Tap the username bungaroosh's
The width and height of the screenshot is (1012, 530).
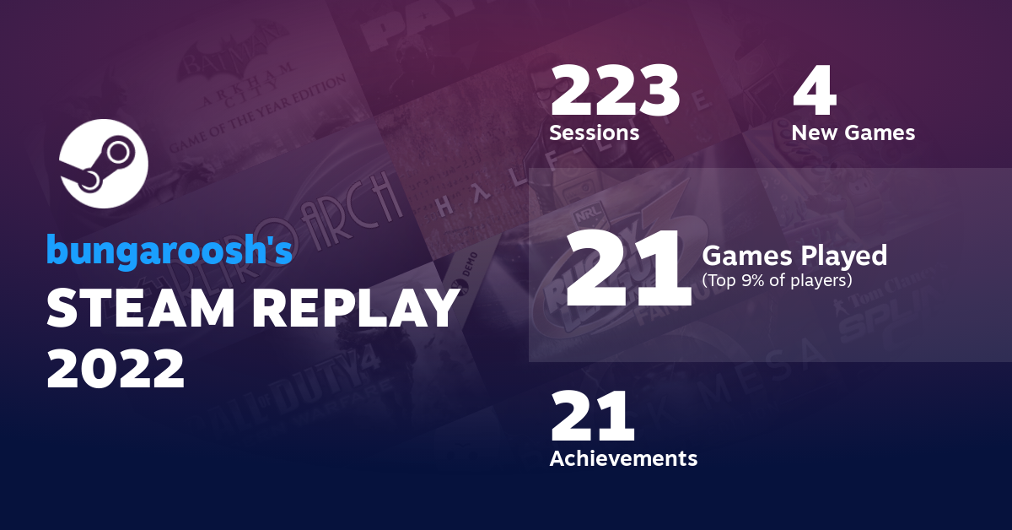(x=169, y=250)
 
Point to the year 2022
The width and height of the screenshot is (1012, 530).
(x=116, y=368)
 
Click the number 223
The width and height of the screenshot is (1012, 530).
(x=614, y=92)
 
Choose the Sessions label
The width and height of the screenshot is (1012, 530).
(x=594, y=132)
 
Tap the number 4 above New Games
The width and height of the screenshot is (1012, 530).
(x=814, y=92)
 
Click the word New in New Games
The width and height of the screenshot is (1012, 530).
(x=815, y=132)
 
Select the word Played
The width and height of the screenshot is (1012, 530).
(x=846, y=255)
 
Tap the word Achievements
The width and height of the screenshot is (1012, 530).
(x=623, y=458)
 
